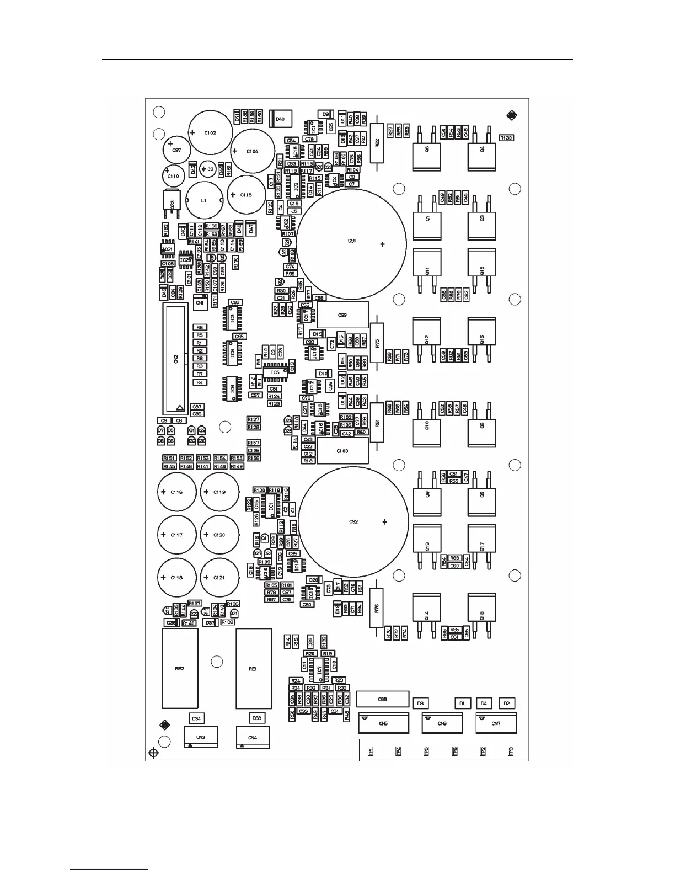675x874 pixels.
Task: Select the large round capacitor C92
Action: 353,521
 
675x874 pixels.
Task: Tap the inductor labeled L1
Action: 204,201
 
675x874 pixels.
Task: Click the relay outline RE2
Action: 180,668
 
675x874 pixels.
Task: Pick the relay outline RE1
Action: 254,668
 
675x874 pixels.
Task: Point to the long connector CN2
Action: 176,359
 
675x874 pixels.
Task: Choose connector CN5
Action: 384,723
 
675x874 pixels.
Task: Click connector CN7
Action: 496,723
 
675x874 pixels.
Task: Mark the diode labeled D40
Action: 280,119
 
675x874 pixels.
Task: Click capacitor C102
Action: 210,132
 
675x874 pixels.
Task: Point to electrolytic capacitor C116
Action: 176,492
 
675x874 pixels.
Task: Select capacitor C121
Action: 219,578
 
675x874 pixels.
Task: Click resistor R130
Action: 506,138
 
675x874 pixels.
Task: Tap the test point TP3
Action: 511,751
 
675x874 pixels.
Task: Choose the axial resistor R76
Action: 377,608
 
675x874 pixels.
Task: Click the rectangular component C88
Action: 383,699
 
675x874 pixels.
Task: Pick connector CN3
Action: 201,737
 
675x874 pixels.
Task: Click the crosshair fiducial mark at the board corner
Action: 154,753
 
